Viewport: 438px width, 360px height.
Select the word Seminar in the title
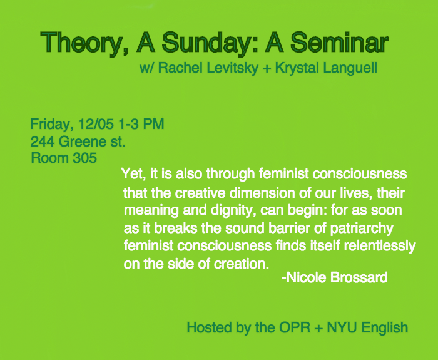[x=339, y=42]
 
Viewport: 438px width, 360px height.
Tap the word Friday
[x=52, y=124]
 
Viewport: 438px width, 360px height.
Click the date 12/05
[x=96, y=124]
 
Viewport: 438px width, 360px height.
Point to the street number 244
[x=42, y=141]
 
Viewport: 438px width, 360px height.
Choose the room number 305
[x=84, y=158]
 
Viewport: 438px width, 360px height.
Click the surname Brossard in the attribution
[x=359, y=277]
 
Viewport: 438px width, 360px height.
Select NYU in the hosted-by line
[x=342, y=327]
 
